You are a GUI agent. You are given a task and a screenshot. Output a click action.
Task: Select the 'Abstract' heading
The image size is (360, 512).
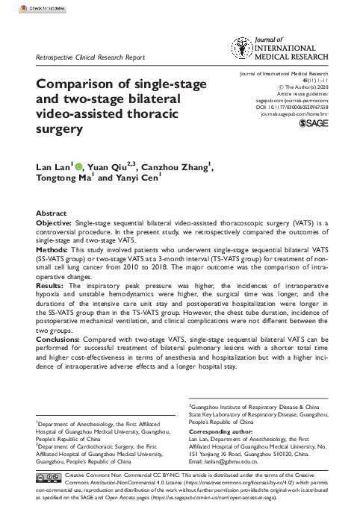coord(52,213)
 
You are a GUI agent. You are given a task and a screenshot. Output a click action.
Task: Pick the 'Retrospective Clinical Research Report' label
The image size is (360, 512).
coord(90,57)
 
